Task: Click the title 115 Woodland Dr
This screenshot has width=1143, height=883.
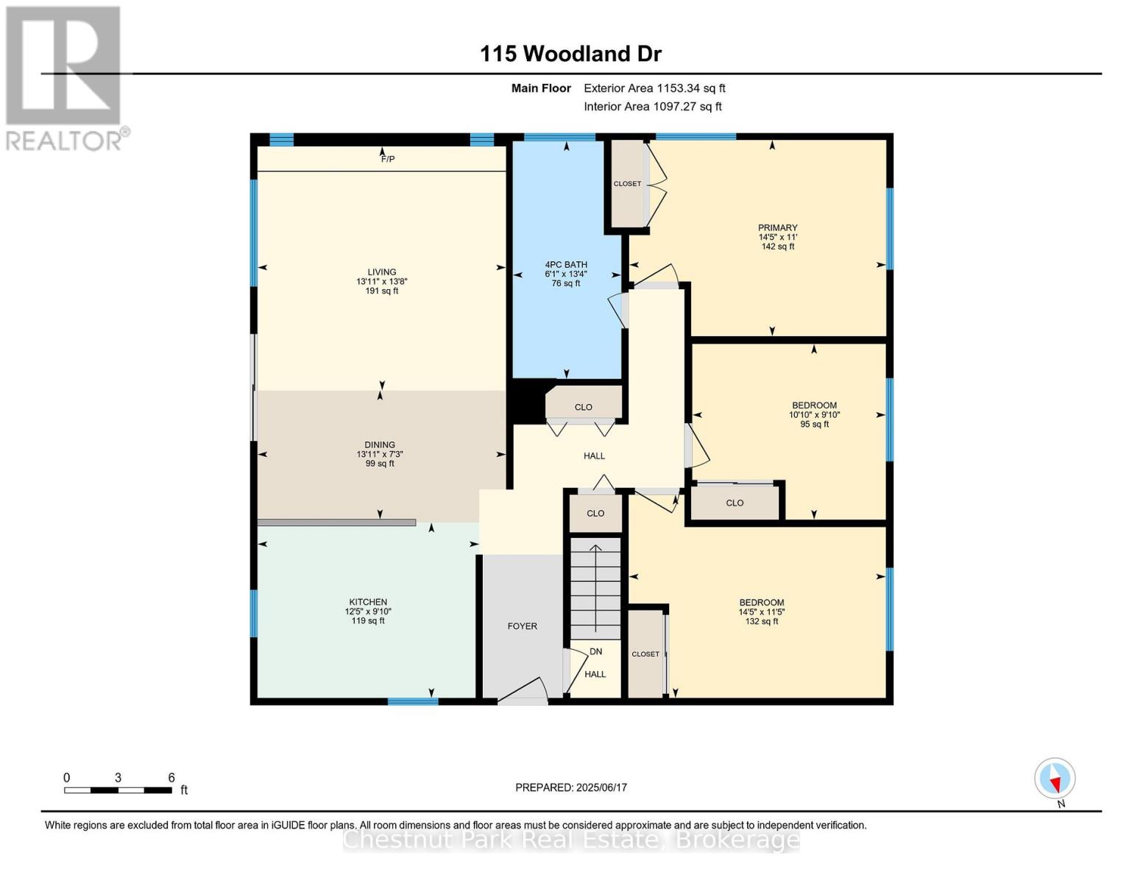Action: click(x=570, y=54)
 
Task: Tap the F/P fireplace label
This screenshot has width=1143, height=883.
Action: click(x=387, y=159)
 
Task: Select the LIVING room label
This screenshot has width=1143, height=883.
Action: click(x=382, y=272)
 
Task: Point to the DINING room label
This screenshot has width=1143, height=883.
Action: click(x=380, y=445)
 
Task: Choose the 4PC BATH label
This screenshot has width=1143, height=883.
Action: click(x=566, y=265)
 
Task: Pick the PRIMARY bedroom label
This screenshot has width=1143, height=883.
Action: click(x=778, y=228)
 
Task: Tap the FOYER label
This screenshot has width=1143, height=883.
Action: click(x=523, y=626)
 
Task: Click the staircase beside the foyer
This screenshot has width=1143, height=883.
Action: click(x=595, y=589)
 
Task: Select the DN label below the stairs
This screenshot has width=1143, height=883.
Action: click(x=596, y=651)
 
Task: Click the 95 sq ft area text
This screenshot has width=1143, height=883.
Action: click(x=814, y=425)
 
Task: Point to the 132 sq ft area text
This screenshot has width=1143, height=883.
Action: click(x=762, y=622)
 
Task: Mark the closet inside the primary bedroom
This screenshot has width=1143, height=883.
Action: click(x=628, y=184)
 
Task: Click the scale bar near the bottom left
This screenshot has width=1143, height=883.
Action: click(x=118, y=790)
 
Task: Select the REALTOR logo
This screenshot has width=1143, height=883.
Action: click(x=65, y=77)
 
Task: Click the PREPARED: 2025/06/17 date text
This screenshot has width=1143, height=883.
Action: click(x=571, y=787)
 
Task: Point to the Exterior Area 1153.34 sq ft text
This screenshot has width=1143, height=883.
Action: click(x=654, y=88)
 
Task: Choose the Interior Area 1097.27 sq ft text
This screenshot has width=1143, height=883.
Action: click(x=653, y=107)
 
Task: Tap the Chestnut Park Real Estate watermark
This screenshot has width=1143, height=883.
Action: click(x=571, y=840)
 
